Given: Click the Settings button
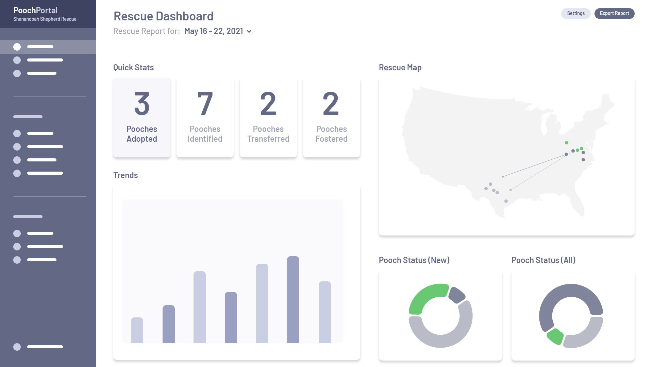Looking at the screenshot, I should (x=575, y=14).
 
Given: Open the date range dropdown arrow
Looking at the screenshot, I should (x=249, y=32).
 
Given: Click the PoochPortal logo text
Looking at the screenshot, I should (x=35, y=11).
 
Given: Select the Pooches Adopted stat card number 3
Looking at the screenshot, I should (x=142, y=104).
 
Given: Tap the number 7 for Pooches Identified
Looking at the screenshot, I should (x=205, y=104).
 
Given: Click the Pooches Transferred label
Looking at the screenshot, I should (x=268, y=134).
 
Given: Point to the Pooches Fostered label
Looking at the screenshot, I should (x=331, y=134).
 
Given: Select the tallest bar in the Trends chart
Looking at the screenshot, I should (x=293, y=299).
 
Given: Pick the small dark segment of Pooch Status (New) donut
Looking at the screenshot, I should (x=456, y=295).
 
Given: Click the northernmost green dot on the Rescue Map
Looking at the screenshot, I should (x=567, y=143).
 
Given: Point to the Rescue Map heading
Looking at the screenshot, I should (x=400, y=68).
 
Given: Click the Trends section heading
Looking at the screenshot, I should (x=125, y=175).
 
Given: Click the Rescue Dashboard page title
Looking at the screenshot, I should (x=163, y=16).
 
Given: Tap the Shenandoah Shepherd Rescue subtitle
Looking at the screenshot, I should (x=45, y=19).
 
